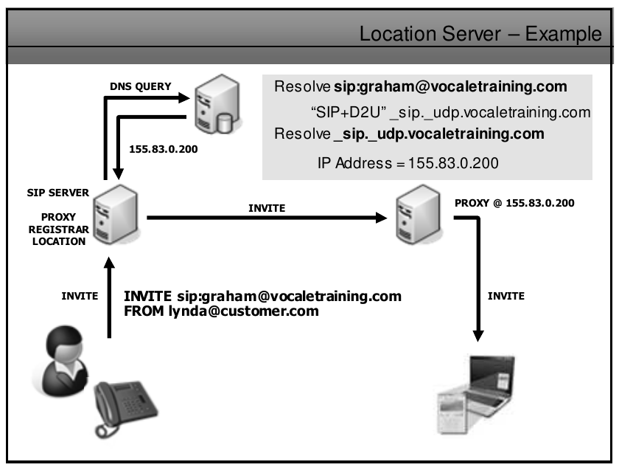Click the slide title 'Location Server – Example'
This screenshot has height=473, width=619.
click(x=480, y=34)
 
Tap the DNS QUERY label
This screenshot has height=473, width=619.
click(x=141, y=86)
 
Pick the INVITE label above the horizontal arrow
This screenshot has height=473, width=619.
click(x=267, y=208)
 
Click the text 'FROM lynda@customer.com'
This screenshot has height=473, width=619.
click(x=221, y=311)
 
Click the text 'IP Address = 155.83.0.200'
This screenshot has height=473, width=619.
click(x=408, y=163)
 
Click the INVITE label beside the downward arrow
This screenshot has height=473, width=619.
click(x=506, y=296)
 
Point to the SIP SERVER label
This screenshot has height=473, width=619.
click(x=57, y=193)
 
